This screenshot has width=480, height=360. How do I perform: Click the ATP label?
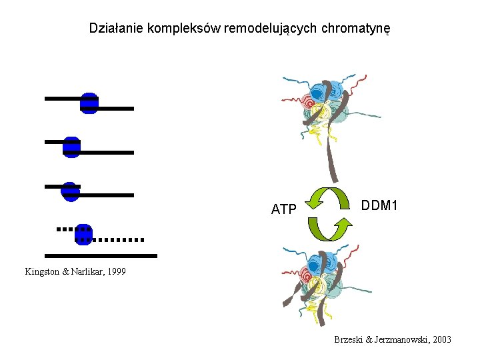[x=283, y=209]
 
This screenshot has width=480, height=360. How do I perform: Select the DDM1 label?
[x=379, y=206]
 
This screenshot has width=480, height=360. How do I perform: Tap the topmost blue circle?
[x=89, y=103]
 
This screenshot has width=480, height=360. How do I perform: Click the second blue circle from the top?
[x=71, y=147]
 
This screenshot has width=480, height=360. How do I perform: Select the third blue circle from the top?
[x=70, y=191]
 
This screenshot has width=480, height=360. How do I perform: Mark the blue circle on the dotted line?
[x=83, y=234]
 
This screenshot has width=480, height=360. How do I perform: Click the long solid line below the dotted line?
[x=101, y=255]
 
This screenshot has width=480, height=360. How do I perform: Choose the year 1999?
[x=115, y=272]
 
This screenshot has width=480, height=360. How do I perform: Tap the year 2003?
[x=441, y=340]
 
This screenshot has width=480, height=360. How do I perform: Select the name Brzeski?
[x=349, y=340]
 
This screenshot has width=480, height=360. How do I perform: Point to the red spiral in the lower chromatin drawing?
[x=309, y=275]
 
